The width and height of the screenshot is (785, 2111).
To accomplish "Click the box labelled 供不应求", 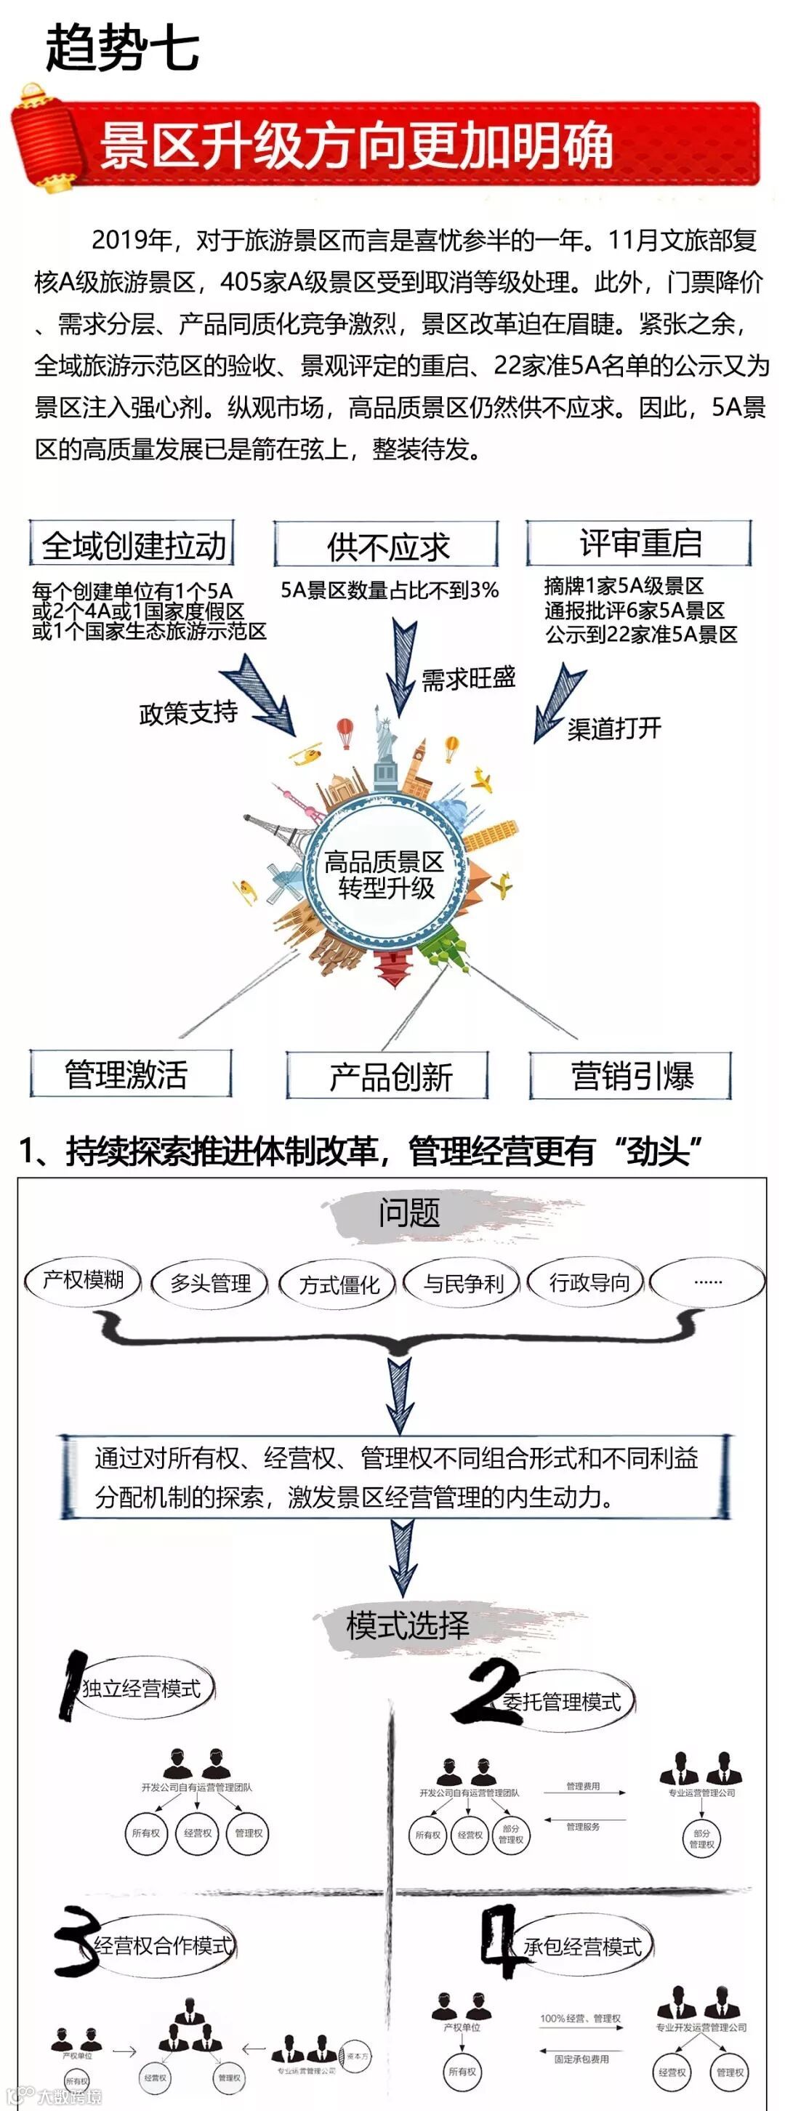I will (386, 545).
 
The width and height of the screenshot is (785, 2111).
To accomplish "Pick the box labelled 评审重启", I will (639, 542).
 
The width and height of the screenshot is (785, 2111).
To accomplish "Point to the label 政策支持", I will (188, 713).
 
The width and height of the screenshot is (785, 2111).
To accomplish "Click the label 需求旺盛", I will (468, 678).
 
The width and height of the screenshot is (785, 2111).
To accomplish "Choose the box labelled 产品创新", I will (387, 1076).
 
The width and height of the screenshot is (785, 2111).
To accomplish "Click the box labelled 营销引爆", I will (630, 1075).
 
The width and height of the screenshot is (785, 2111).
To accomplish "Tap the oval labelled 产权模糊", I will (83, 1281).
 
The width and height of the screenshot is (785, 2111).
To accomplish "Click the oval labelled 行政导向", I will (588, 1282).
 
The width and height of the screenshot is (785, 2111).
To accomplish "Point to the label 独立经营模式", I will (141, 1688).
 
